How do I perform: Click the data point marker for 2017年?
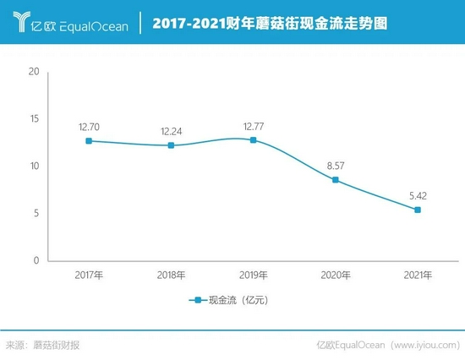click(89, 141)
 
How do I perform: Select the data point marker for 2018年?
click(171, 145)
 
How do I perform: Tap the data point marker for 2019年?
click(253, 139)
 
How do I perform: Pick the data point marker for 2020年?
click(335, 180)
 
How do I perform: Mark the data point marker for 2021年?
click(417, 210)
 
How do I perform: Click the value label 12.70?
click(89, 127)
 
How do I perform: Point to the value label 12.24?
click(171, 132)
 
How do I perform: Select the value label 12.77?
click(253, 126)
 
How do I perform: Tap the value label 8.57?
click(335, 166)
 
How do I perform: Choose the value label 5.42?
click(417, 196)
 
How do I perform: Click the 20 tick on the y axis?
click(35, 72)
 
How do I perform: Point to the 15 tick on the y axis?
click(35, 119)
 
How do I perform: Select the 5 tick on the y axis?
click(36, 213)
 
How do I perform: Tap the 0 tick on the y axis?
click(36, 260)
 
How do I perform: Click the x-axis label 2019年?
click(253, 275)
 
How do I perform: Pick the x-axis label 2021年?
click(417, 275)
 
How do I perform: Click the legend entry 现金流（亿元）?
click(232, 300)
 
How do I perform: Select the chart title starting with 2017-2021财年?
click(270, 25)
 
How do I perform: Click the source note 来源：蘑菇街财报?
click(43, 345)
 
